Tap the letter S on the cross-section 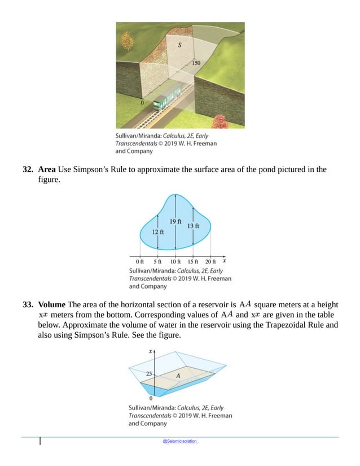179,47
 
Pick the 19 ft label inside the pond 175,221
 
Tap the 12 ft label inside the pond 157,232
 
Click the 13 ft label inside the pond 193,226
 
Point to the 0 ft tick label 140,262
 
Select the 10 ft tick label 175,262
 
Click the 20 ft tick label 210,262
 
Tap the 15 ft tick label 193,262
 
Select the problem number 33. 27,306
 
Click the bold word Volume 52,306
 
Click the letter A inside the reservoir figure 178,375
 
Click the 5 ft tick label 158,262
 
